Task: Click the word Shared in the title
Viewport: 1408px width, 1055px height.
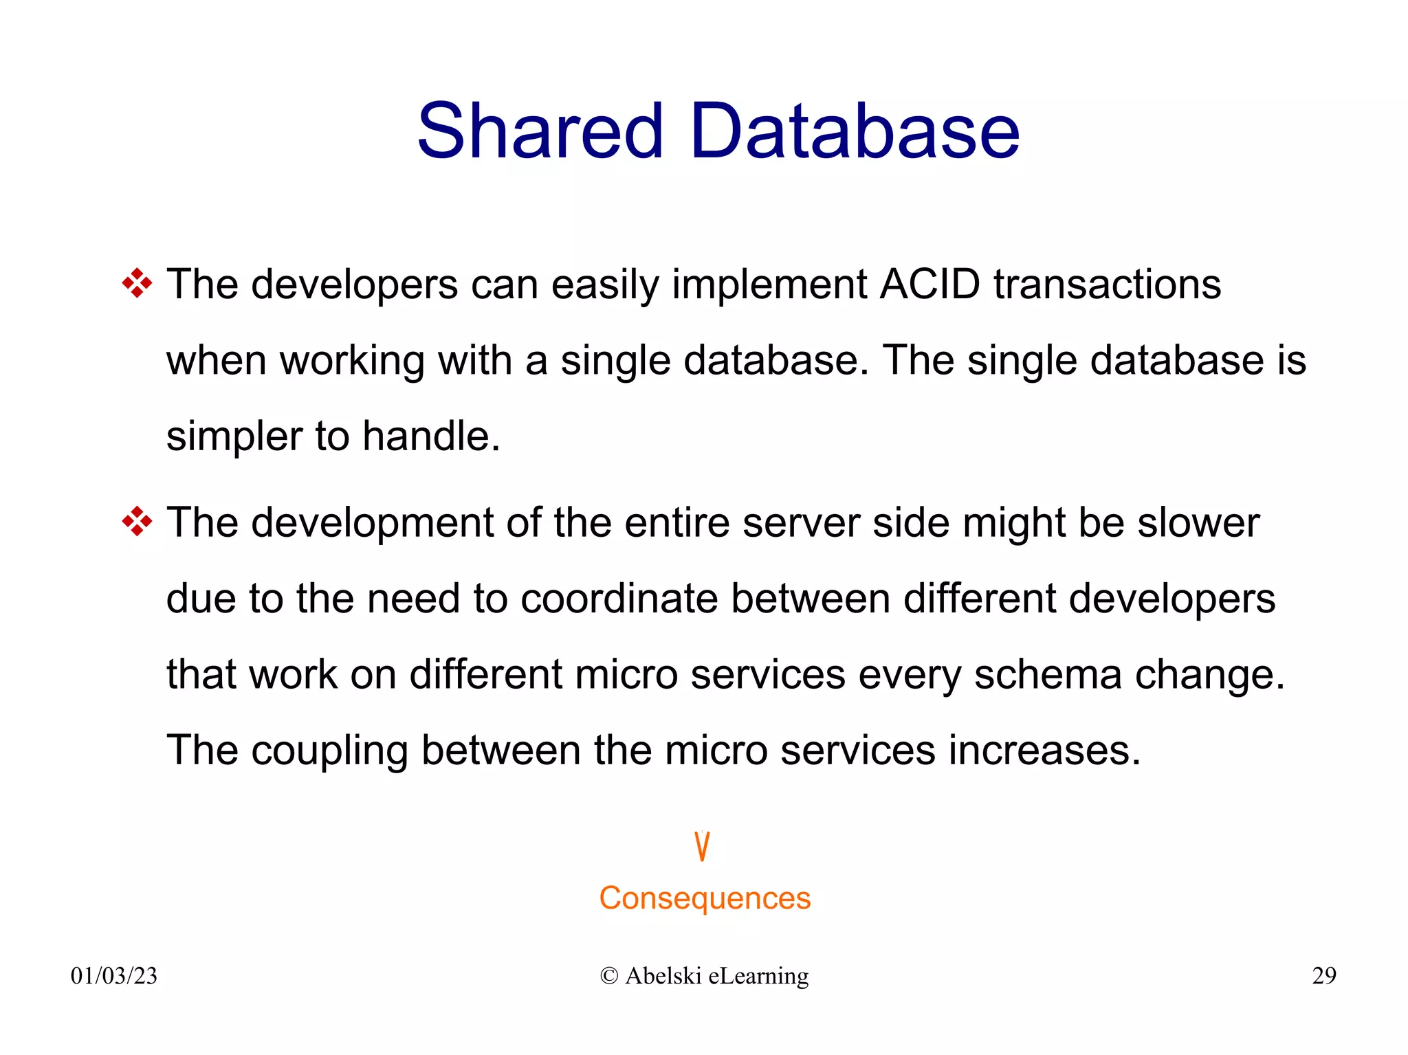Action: point(540,131)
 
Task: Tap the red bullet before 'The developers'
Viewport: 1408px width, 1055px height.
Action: point(137,283)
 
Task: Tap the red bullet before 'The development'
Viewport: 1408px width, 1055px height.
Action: point(137,522)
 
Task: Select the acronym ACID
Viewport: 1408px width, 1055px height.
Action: point(929,284)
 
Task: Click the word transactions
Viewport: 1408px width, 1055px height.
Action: point(1107,284)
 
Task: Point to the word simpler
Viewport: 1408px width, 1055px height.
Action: point(234,437)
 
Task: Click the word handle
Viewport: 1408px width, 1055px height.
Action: point(430,436)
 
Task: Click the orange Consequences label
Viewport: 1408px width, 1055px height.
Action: point(704,898)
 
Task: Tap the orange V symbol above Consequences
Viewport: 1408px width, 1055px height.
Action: point(701,846)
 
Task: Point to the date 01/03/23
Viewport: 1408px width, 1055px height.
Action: point(114,975)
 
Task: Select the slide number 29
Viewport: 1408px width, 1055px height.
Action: point(1323,975)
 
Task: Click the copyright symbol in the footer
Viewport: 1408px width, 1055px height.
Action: point(608,975)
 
